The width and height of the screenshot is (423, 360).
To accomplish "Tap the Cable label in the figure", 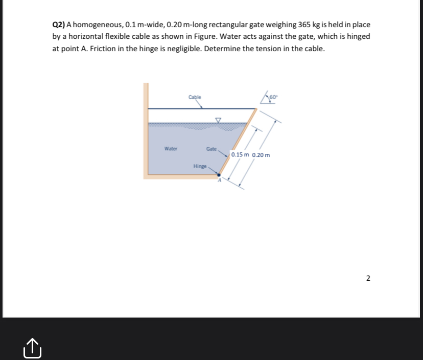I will pyautogui.click(x=195, y=97).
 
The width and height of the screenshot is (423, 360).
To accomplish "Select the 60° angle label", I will pyautogui.click(x=273, y=97).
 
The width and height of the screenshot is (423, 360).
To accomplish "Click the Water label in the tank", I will pyautogui.click(x=171, y=149).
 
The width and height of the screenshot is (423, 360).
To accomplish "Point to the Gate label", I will pyautogui.click(x=211, y=149).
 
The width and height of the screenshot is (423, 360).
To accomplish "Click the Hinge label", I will pyautogui.click(x=200, y=166).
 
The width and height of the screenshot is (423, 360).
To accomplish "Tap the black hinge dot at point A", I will pyautogui.click(x=219, y=175).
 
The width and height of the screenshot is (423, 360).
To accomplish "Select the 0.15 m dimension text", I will pyautogui.click(x=240, y=154).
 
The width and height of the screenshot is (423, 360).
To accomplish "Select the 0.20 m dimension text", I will pyautogui.click(x=261, y=154).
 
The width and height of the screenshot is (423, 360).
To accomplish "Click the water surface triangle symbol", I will pyautogui.click(x=218, y=121).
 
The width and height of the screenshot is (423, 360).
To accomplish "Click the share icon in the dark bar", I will pyautogui.click(x=31, y=348).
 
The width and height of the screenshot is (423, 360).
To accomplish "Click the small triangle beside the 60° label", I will pyautogui.click(x=265, y=98).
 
